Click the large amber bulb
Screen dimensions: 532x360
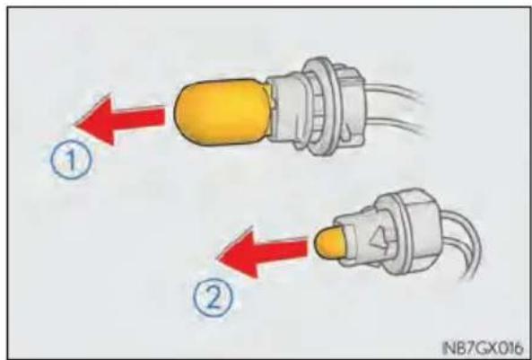[224, 112]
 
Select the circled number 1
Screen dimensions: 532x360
[71, 160]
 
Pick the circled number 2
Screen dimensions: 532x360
[214, 298]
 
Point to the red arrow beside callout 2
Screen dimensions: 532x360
[262, 252]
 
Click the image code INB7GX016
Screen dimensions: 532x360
[483, 347]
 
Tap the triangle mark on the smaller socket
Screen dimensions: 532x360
[378, 240]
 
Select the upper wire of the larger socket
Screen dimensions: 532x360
[394, 91]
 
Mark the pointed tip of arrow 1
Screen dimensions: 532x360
[74, 126]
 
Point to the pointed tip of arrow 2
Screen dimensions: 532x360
[217, 259]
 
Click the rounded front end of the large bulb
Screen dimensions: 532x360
[183, 112]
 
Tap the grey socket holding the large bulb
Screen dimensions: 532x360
[316, 106]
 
